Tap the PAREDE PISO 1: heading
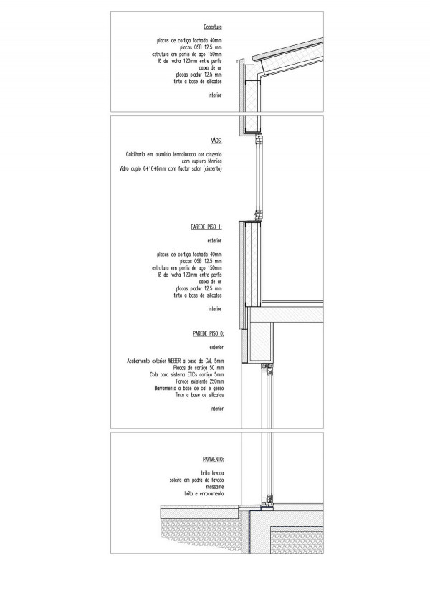click(207, 226)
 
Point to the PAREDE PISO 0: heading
click(209, 333)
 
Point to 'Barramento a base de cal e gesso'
click(188, 388)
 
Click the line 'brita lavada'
click(212, 472)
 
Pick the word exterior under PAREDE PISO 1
click(214, 241)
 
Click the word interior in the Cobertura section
click(214, 94)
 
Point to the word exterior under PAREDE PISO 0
click(216, 346)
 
